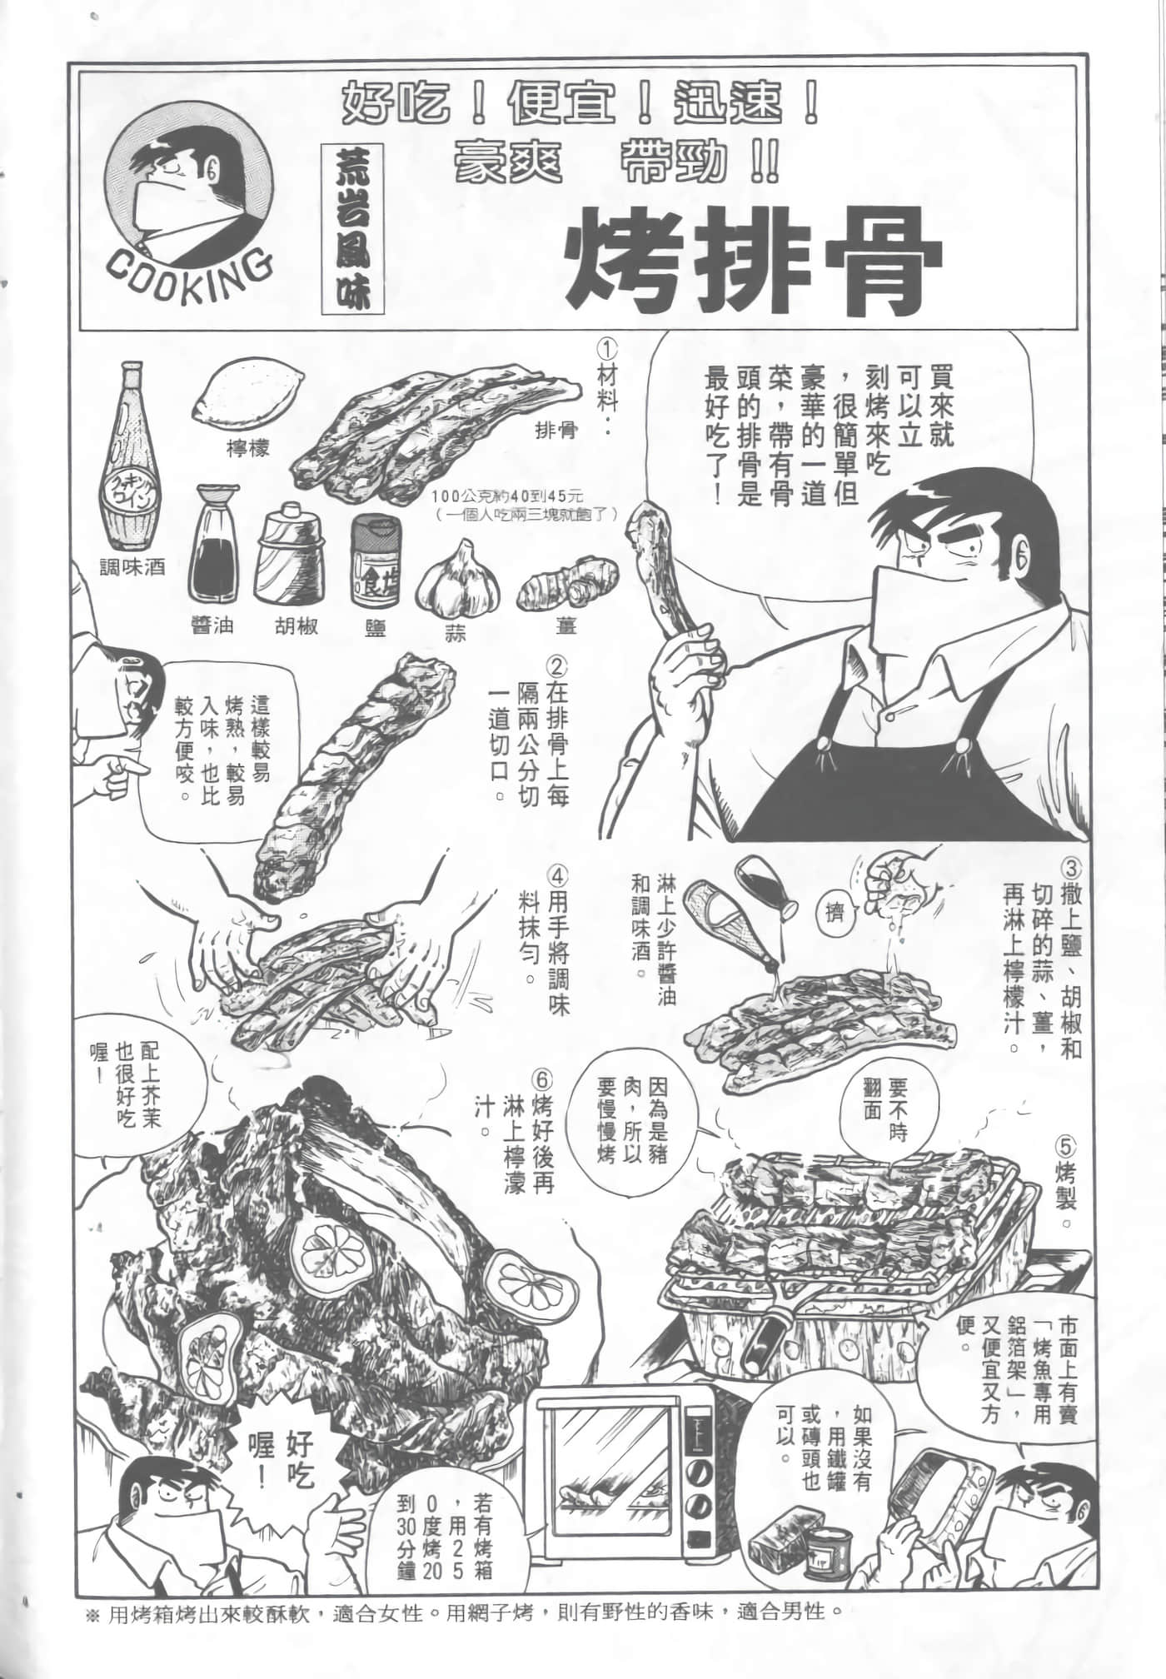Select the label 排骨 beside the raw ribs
[x=557, y=431]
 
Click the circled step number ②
[x=557, y=665]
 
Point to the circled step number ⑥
[x=541, y=1080]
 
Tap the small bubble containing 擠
[x=834, y=914]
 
